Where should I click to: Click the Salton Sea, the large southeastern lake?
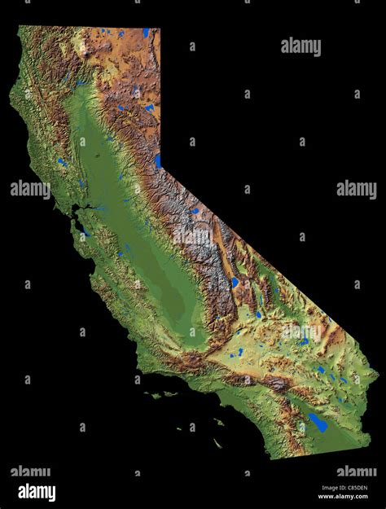318,423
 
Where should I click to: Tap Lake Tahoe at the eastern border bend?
157,160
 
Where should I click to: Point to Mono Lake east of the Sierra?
195,212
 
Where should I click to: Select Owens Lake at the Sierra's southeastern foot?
235,283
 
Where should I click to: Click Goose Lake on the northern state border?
147,33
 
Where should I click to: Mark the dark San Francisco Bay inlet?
77,218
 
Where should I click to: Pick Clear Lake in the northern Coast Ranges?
62,162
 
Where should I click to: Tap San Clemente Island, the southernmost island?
217,444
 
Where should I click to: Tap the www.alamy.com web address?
343,497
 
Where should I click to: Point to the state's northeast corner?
160,29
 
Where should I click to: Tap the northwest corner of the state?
20,27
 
